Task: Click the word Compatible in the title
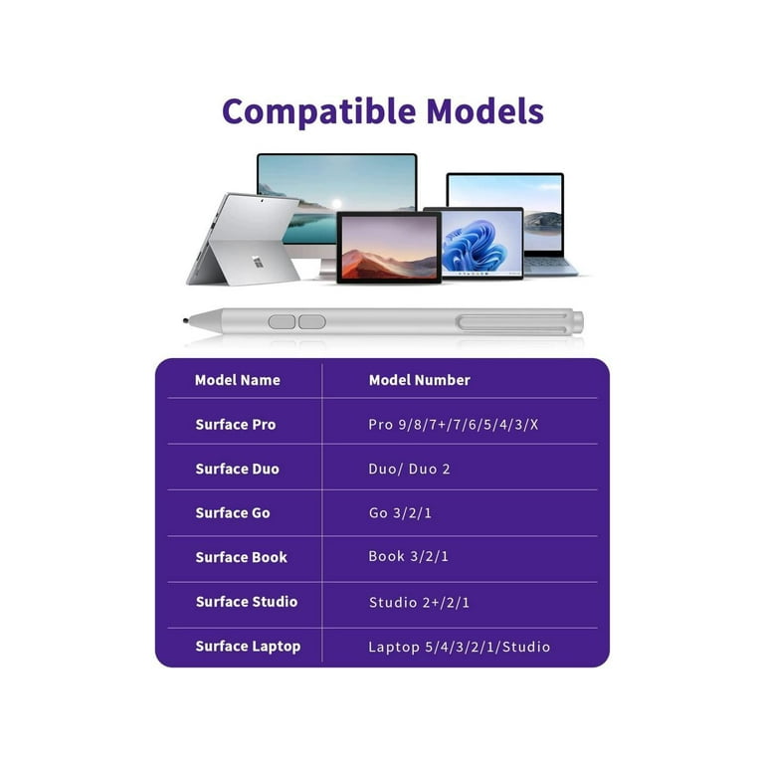point(319,112)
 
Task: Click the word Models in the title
point(484,111)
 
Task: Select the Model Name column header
point(238,380)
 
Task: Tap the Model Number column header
point(420,380)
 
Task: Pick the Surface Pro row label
point(236,425)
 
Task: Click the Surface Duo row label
point(238,469)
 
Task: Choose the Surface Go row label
point(233,512)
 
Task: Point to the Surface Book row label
point(241,557)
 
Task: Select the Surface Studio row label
point(247,602)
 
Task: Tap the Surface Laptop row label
point(248,647)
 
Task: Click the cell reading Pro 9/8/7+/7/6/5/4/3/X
point(454,425)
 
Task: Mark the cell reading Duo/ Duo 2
point(409,469)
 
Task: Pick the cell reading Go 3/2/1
point(400,512)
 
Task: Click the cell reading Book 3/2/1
point(408,556)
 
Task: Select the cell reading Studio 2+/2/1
point(419,602)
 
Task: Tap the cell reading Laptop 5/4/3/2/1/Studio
point(459,647)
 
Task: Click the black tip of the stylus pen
point(186,320)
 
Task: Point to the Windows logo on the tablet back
point(259,262)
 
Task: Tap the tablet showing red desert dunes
point(389,248)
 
